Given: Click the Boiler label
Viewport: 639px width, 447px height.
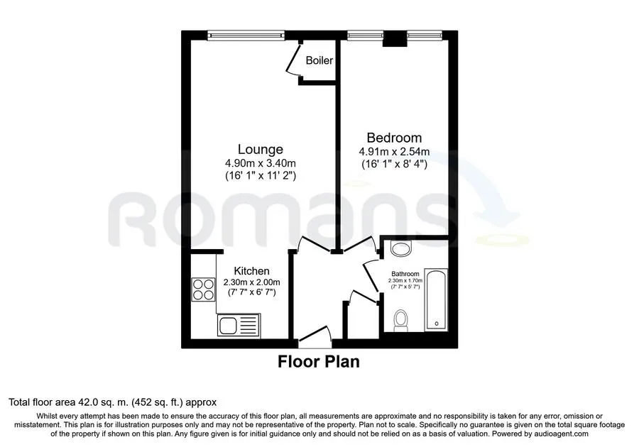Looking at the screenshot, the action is pos(319,60).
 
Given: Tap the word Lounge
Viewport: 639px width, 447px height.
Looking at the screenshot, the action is pos(261,150).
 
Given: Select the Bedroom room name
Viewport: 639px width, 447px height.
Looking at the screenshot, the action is pos(394,138).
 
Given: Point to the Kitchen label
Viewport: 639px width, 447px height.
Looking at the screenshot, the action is pos(251,271).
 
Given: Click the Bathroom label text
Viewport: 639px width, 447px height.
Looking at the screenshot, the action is pos(405,274).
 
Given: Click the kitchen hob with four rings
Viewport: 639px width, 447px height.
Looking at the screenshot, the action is pos(203,289).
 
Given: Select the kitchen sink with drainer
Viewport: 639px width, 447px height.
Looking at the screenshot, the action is pos(239,325).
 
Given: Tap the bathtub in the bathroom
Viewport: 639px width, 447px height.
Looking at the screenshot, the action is pos(436,299).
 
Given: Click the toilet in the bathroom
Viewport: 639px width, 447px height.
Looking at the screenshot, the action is pos(401,321).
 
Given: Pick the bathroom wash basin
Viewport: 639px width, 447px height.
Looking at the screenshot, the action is pos(401,248).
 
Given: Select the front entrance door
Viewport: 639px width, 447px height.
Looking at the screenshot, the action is pos(315,333).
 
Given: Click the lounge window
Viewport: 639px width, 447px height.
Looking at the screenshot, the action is pos(246,35).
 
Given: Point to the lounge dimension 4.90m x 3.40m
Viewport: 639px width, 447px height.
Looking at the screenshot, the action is pos(261,163).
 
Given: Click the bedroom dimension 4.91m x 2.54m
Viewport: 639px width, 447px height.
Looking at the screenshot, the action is pos(394,152).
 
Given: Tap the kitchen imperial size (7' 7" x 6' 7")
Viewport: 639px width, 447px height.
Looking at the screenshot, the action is pos(251,292).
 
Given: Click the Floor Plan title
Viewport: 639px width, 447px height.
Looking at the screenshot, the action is pos(319,362).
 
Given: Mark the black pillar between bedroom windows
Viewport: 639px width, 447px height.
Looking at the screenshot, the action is pos(395,39).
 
